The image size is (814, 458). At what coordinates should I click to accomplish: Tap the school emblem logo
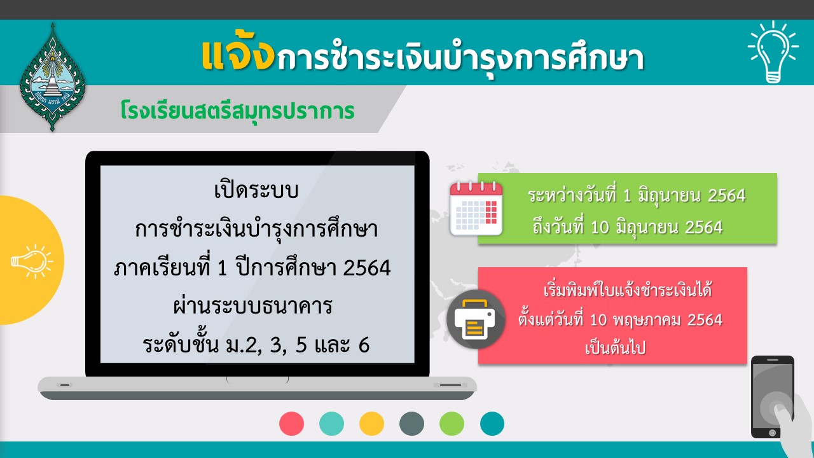pos(52,77)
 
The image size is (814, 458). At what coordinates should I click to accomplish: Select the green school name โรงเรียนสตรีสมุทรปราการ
pos(237,111)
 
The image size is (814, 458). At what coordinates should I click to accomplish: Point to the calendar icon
pos(476,209)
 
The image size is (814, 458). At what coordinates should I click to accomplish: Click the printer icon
pos(476,319)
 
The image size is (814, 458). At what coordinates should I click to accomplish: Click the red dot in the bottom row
pos(291,424)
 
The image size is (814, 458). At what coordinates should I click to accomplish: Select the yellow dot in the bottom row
pos(371,424)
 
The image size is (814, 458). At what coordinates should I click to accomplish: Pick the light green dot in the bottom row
pos(452,424)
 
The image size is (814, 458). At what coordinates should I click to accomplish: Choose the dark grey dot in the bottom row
pos(411,424)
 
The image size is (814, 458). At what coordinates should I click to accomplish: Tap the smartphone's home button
pos(773,433)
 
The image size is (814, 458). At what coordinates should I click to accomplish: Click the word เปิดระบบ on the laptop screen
pos(256,190)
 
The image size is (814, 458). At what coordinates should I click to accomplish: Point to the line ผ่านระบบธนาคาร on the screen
pos(253,306)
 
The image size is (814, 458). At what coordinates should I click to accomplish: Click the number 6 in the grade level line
pos(364,345)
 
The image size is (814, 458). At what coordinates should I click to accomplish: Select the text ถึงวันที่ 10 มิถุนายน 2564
pos(628,227)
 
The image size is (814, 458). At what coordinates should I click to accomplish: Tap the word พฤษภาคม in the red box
pos(647,320)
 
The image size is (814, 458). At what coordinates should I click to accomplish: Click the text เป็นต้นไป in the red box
pos(615,348)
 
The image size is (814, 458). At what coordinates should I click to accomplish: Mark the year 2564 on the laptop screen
pos(367,268)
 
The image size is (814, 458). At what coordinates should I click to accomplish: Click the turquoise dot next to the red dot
pos(331,424)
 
